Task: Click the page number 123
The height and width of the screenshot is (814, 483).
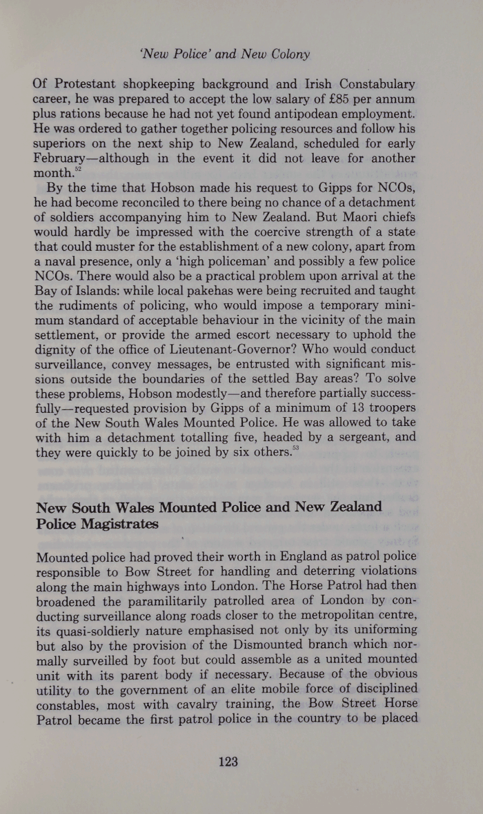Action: [x=228, y=762]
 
